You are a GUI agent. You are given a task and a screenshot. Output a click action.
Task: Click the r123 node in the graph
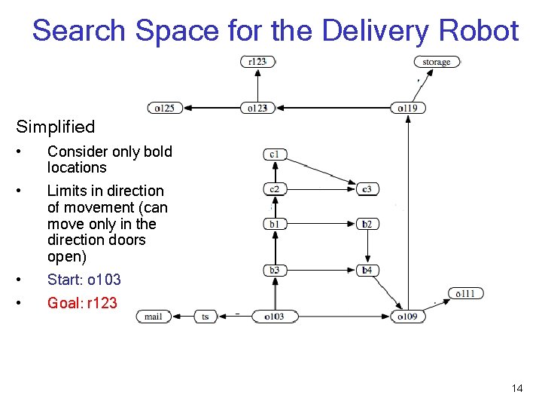pos(257,62)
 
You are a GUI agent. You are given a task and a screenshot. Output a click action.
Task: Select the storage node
pos(437,62)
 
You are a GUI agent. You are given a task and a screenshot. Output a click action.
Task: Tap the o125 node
pos(165,109)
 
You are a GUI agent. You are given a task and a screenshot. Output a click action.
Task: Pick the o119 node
pos(407,109)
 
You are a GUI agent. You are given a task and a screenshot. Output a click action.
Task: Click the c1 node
pos(275,155)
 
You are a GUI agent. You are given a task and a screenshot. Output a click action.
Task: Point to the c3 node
pos(367,188)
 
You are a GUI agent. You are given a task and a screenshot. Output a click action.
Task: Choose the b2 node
pos(367,224)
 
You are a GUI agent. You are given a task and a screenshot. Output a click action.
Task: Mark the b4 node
pos(367,270)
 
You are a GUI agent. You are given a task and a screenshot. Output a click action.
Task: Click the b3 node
pos(275,270)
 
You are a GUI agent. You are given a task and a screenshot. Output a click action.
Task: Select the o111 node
pos(465,293)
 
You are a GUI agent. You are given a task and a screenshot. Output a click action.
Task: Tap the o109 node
pos(407,317)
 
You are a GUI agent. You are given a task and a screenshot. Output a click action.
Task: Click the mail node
pos(154,317)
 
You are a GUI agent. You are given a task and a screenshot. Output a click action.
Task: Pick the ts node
pos(206,317)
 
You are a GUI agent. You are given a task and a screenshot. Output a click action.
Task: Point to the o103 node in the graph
pos(274,317)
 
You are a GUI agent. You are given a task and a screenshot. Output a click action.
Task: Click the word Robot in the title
pos(480,31)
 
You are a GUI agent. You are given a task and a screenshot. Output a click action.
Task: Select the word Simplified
pos(56,127)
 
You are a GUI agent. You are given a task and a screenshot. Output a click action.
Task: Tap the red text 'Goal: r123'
pos(82,303)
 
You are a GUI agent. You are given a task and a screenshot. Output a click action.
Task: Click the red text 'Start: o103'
pos(84,280)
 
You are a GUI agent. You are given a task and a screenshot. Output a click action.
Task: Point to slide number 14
pos(516,388)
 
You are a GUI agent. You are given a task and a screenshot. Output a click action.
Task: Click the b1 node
pos(275,224)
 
